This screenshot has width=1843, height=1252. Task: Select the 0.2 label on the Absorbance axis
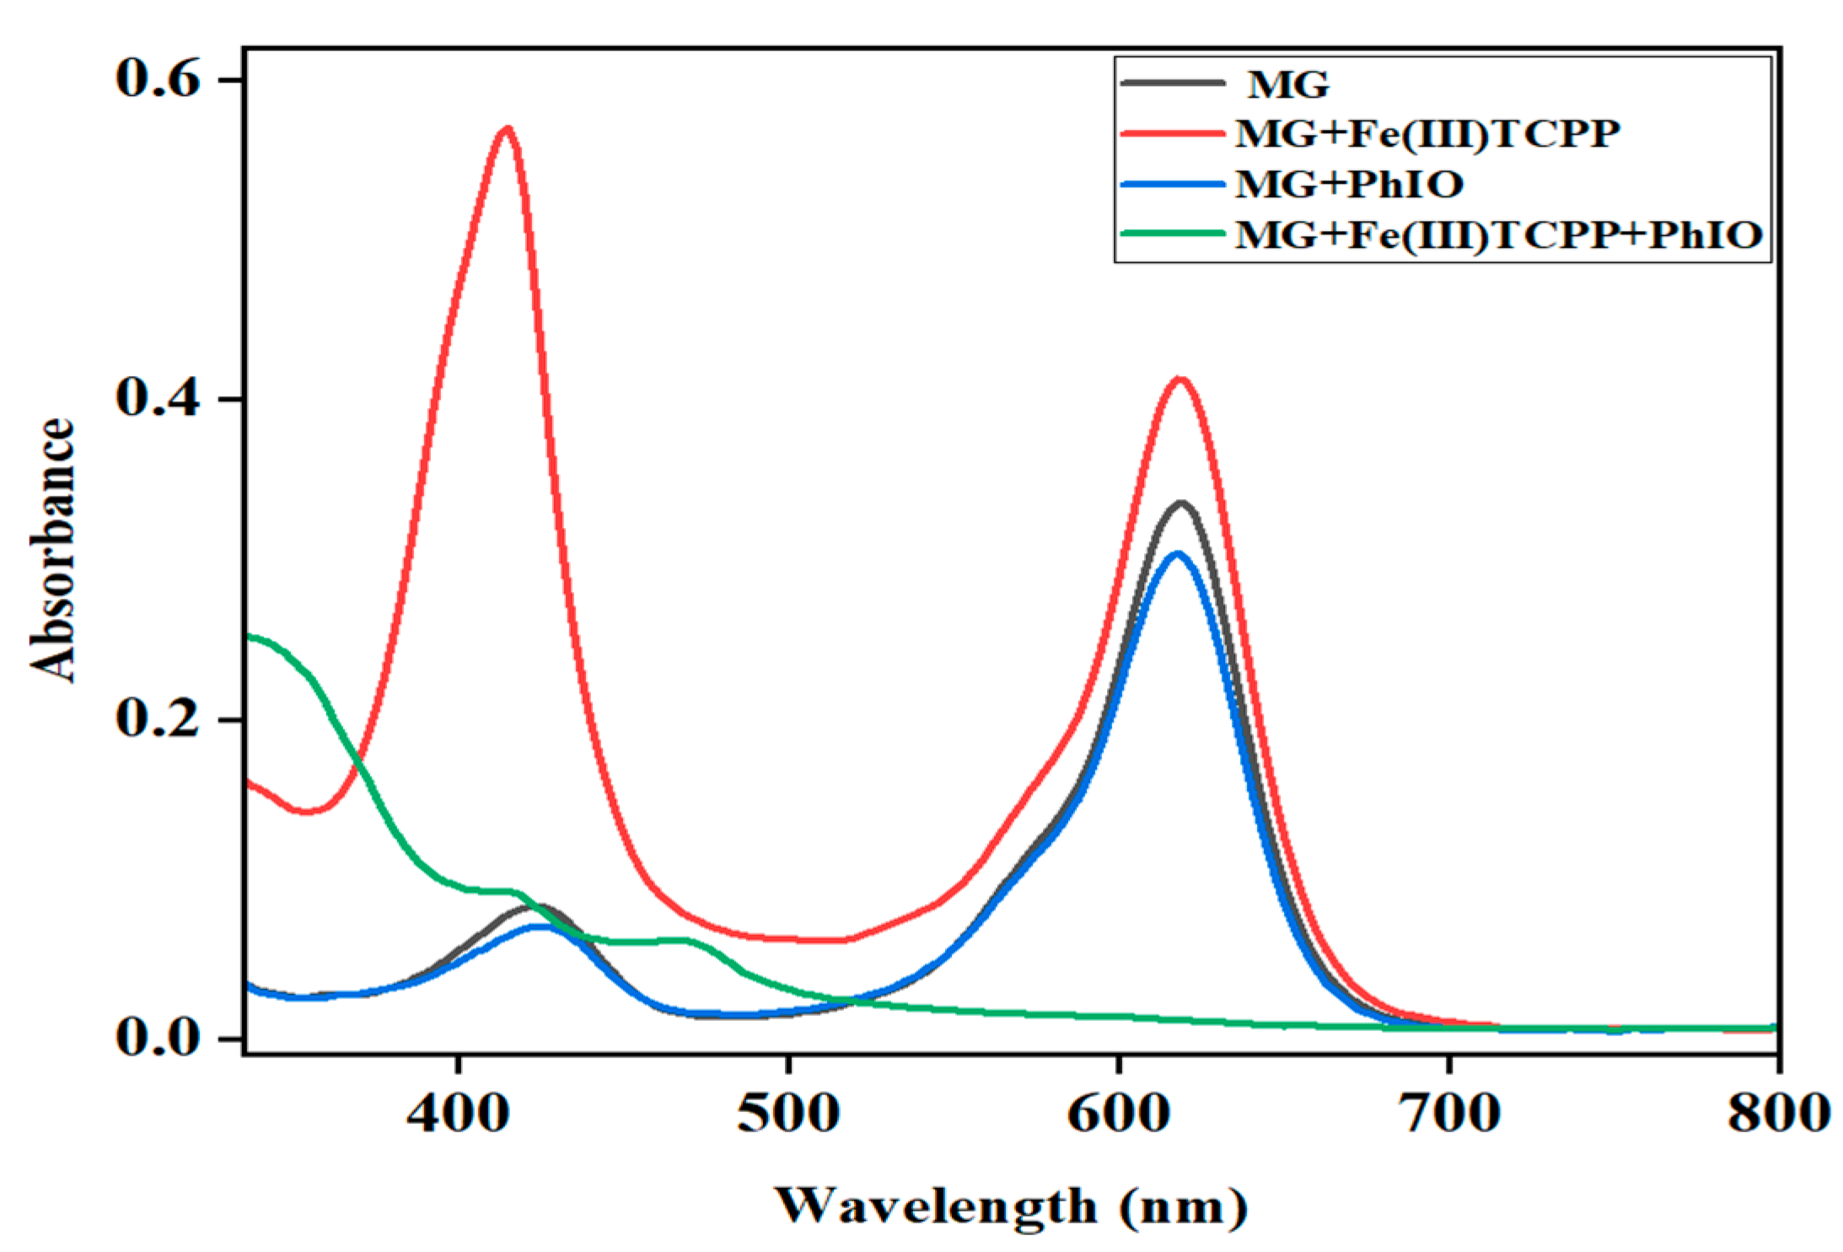click(x=158, y=718)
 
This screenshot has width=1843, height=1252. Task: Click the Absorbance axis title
click(x=52, y=550)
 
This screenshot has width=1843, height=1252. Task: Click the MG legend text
click(x=1287, y=84)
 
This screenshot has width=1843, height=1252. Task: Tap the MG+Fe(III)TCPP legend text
click(x=1427, y=134)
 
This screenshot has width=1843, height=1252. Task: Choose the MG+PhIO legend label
click(x=1349, y=185)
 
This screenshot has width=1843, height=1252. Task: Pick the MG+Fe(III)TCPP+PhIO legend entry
click(x=1498, y=234)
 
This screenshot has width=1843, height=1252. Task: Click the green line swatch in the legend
click(x=1172, y=233)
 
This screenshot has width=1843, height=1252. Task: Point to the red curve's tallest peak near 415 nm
click(x=507, y=129)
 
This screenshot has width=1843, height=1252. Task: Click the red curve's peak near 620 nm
click(x=1179, y=379)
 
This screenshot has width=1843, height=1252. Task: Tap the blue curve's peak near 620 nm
click(x=1177, y=554)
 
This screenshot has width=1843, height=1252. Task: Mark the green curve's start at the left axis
click(x=248, y=636)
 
